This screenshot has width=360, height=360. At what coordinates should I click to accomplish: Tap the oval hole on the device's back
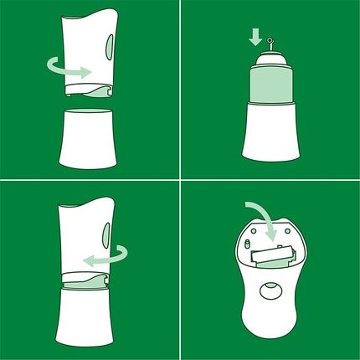point(270,291)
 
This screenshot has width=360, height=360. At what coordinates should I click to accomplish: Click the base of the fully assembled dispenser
point(88,318)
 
